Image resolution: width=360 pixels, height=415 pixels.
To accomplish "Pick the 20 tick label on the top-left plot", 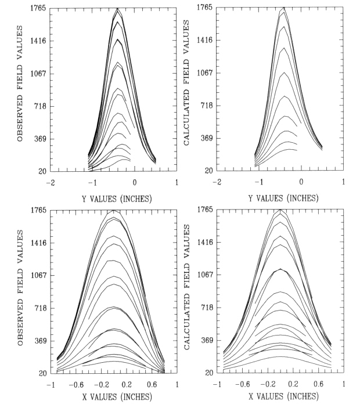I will point(43,172).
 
